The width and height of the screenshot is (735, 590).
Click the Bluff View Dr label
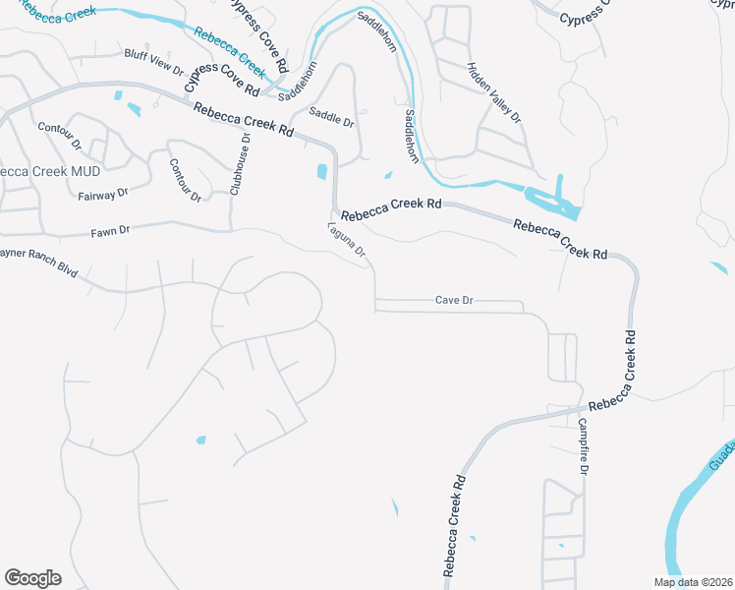click(x=153, y=63)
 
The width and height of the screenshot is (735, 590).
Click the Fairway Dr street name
click(x=103, y=195)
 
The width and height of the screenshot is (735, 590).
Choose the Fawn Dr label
click(x=110, y=231)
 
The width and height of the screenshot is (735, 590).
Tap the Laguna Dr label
click(x=347, y=240)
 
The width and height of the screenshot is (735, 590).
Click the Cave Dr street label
click(x=454, y=300)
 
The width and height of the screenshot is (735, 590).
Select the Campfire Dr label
click(x=583, y=447)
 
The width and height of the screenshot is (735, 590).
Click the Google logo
click(x=32, y=577)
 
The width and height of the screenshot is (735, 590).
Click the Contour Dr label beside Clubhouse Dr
click(x=185, y=180)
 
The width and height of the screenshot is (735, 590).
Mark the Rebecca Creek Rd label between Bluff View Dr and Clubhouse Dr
click(x=244, y=120)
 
